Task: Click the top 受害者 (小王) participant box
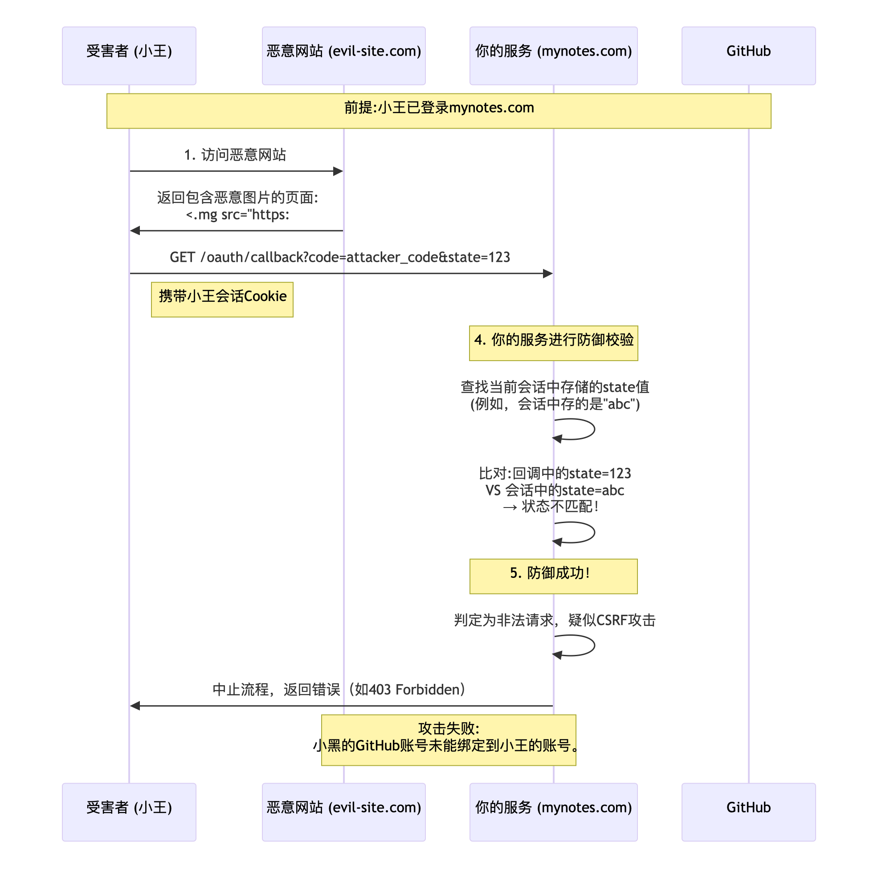point(129,55)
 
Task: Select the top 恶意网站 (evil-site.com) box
point(343,55)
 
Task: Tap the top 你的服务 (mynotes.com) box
point(553,55)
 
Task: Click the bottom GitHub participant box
point(748,811)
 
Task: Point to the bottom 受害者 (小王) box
point(129,811)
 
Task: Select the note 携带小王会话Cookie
point(222,299)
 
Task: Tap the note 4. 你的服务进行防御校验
point(553,343)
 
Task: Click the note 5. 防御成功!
point(553,576)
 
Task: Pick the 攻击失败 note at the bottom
point(449,739)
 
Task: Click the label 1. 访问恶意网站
point(235,155)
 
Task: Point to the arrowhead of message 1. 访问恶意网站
point(338,171)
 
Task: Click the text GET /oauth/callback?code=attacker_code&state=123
point(340,257)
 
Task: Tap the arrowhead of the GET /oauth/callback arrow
point(548,273)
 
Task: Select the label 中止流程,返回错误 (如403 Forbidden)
point(340,690)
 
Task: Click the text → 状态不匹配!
point(551,507)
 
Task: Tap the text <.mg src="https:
point(237,215)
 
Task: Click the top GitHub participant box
point(748,55)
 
